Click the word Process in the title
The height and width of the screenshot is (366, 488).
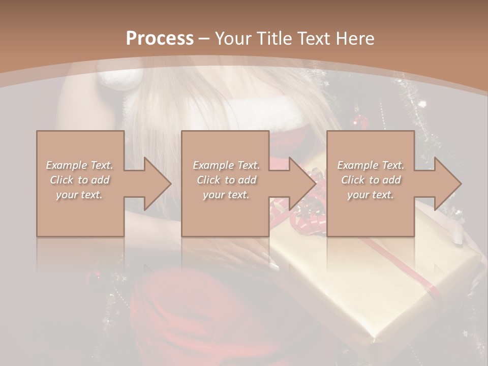point(160,38)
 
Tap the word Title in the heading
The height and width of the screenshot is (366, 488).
point(276,38)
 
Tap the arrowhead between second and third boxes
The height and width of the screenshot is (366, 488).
point(300,184)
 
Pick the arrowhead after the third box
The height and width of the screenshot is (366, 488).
point(445,184)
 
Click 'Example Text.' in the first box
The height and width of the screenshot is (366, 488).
point(80,165)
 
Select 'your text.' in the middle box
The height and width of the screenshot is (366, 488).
point(225,195)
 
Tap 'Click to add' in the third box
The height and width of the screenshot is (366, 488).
point(371,180)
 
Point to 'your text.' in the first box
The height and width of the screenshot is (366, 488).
point(80,195)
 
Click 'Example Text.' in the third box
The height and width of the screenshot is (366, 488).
point(371,165)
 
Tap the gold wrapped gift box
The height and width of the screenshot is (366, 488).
point(376,285)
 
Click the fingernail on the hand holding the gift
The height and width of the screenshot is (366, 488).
point(457,238)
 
